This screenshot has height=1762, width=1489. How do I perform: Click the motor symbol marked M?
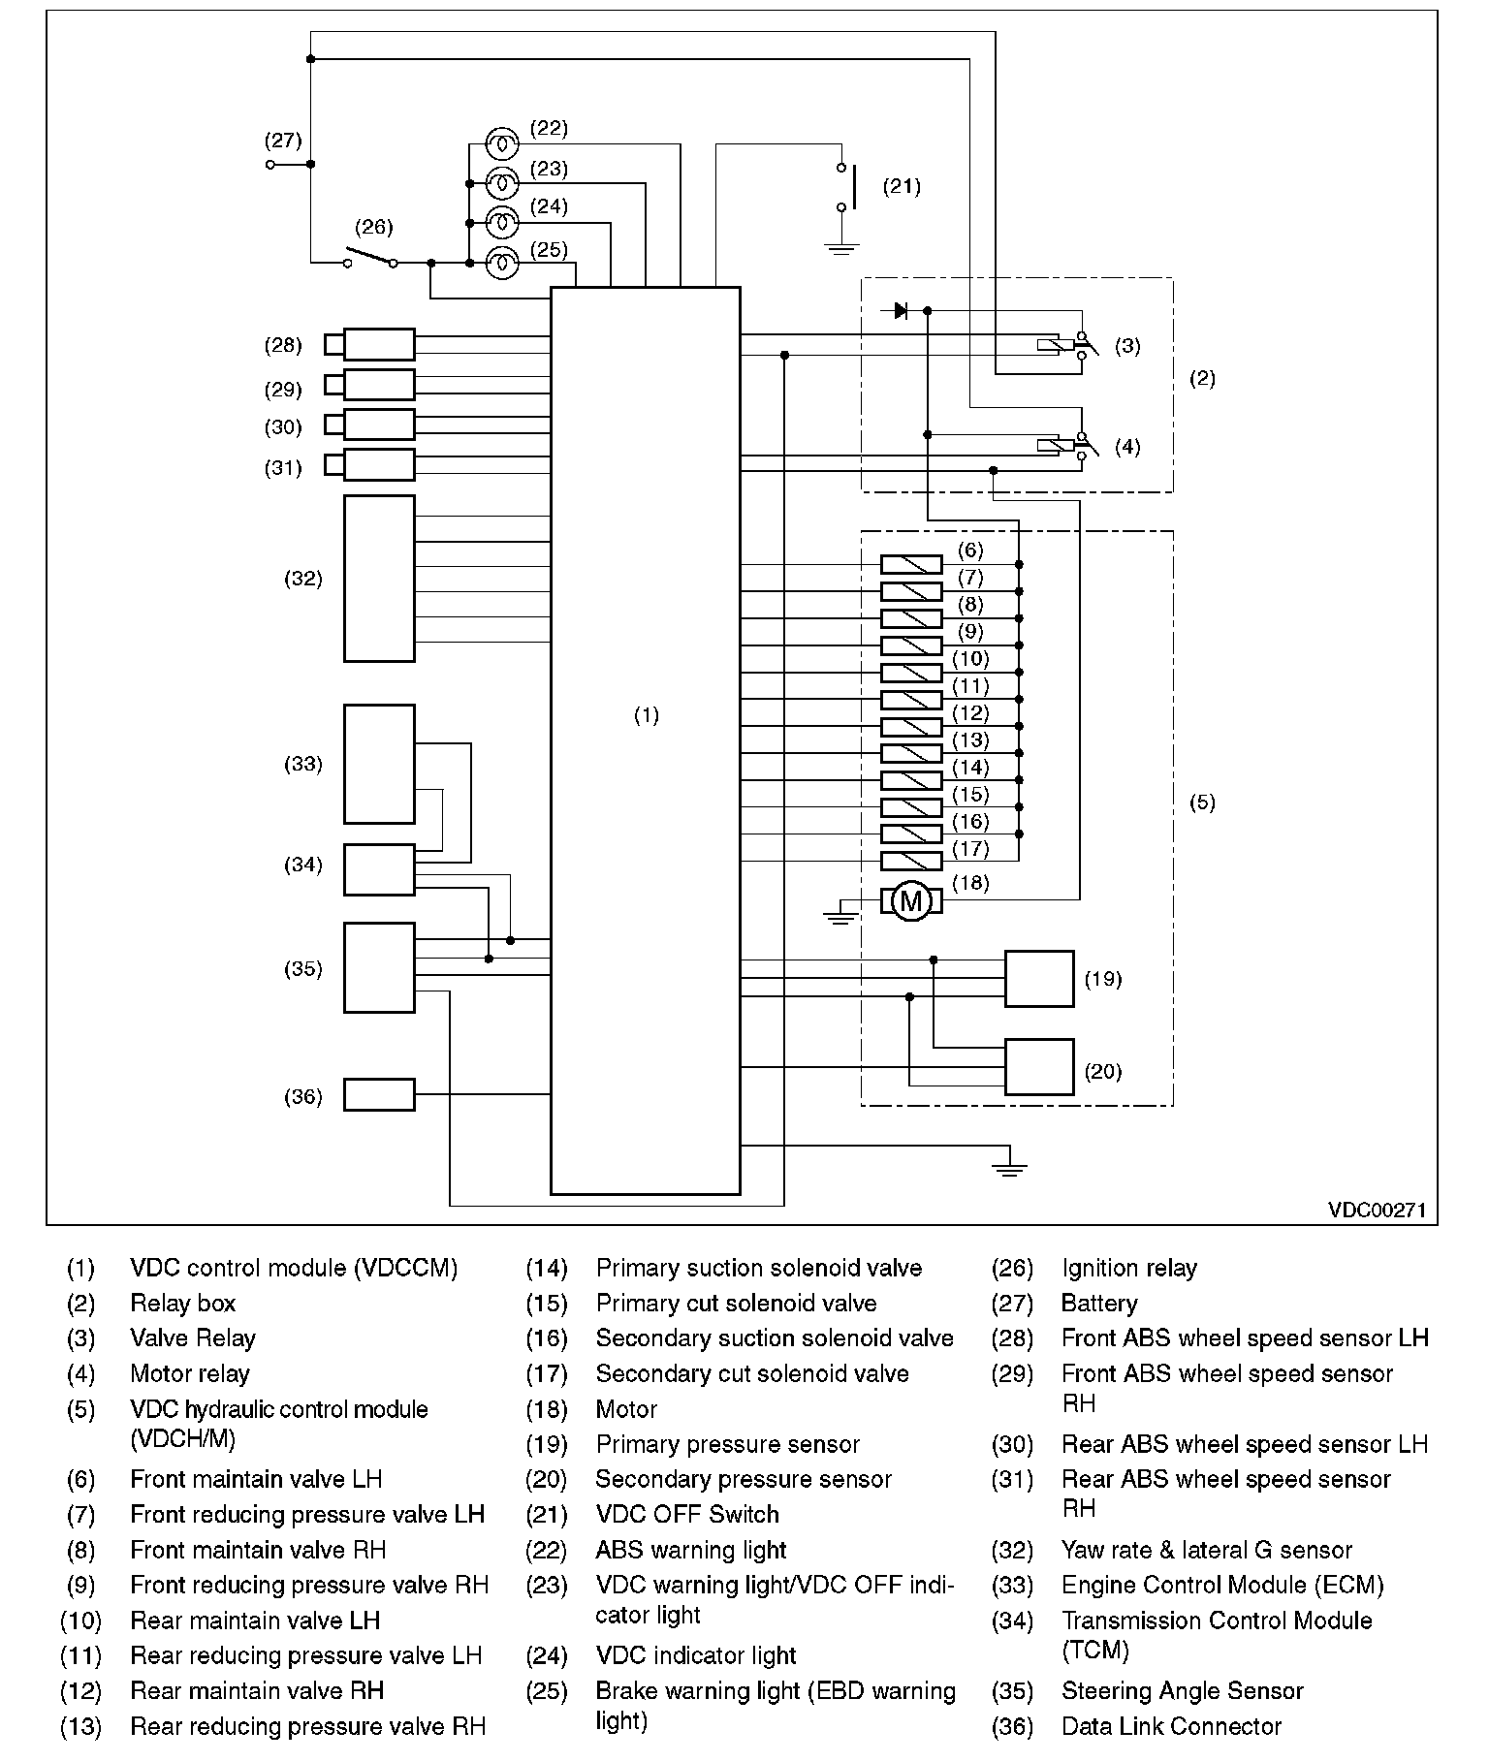click(x=910, y=901)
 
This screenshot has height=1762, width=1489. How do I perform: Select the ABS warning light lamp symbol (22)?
click(x=501, y=143)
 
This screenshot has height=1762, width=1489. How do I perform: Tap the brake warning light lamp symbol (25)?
click(x=501, y=262)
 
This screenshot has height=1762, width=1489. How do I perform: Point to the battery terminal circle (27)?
click(x=269, y=165)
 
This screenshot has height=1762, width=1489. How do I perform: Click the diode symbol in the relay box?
click(x=901, y=311)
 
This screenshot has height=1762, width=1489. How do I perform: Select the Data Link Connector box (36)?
click(x=379, y=1094)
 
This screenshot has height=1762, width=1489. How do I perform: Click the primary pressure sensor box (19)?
click(x=1039, y=979)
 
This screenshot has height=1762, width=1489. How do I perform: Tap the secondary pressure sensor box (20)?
click(x=1039, y=1067)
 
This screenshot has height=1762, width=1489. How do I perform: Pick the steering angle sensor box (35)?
click(x=379, y=967)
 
